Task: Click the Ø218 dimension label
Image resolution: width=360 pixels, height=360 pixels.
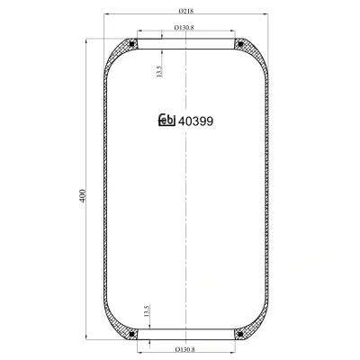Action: point(186,11)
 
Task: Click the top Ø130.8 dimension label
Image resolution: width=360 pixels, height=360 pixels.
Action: point(184,27)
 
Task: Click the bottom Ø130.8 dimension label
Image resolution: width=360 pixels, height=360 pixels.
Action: point(184,349)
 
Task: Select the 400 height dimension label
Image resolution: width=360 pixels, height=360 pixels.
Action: point(83,195)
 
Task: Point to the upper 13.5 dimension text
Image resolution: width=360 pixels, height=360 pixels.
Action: point(159,72)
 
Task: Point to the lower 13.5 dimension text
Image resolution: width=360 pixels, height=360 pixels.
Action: point(147,311)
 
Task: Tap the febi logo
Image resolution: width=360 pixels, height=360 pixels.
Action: point(166,120)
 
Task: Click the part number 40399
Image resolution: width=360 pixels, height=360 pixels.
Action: point(195,121)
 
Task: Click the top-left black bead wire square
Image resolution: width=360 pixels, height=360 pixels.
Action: point(131,44)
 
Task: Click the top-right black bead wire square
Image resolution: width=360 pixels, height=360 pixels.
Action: point(240,44)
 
